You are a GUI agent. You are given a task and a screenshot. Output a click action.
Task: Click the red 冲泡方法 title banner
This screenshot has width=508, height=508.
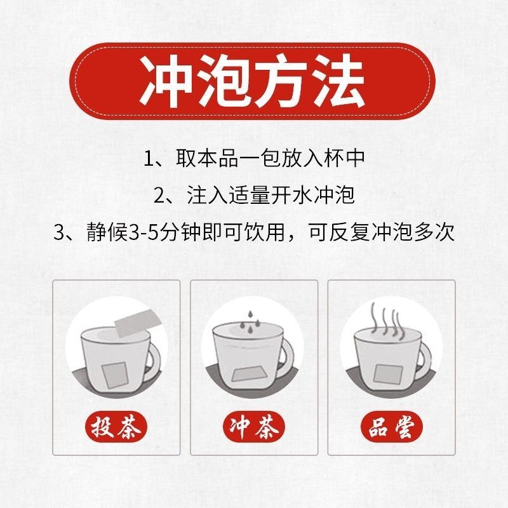click(x=252, y=81)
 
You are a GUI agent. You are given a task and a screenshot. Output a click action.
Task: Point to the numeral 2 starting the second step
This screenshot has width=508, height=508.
click(x=159, y=196)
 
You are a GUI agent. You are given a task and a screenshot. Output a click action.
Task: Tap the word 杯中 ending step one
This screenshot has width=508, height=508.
click(x=345, y=158)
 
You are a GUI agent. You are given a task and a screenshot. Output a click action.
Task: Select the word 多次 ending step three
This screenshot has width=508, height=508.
click(x=434, y=232)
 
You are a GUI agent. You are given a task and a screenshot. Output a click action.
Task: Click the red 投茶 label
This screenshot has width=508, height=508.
click(x=116, y=427)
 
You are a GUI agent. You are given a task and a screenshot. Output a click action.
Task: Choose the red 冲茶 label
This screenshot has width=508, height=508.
click(x=254, y=427)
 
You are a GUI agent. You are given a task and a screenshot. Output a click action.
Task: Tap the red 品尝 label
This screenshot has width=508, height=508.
click(x=392, y=427)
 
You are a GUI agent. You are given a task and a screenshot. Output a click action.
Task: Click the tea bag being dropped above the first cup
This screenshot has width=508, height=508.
click(x=137, y=323)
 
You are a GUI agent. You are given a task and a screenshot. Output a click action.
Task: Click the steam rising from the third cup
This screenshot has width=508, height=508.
click(x=385, y=319)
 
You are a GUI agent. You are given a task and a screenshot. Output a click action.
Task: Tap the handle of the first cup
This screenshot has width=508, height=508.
click(x=153, y=359)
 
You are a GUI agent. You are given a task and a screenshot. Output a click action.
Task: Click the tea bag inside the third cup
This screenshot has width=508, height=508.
click(x=388, y=375)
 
